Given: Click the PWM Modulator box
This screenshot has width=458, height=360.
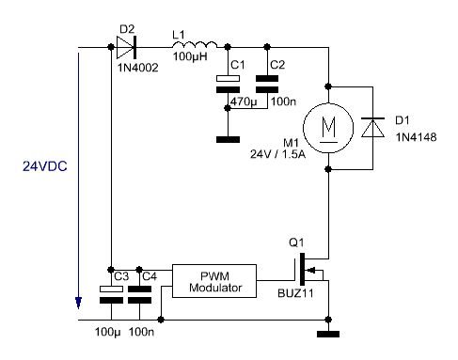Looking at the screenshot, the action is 214,281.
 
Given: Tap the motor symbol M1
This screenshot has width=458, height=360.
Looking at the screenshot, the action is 328,128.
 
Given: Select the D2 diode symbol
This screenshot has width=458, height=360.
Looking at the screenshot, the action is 126,47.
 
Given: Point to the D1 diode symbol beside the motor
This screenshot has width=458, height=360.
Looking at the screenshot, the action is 372,128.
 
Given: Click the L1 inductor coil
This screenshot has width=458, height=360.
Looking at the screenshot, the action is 195,44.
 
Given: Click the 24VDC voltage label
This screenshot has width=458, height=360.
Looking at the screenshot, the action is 45,166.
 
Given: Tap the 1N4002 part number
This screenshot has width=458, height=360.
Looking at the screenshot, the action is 138,68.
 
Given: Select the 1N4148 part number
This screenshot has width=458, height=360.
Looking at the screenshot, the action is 416,137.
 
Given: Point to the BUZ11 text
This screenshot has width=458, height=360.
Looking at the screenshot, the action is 295,293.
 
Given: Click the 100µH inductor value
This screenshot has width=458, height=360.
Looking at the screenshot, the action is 190,56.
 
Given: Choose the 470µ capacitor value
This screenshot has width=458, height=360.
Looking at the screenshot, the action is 244,102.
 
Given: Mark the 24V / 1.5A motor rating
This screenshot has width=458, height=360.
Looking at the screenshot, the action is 277,154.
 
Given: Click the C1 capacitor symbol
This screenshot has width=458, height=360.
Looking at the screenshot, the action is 228,84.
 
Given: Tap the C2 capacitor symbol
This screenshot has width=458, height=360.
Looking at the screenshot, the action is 267,84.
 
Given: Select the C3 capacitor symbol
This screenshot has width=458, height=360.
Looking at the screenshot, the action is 111,294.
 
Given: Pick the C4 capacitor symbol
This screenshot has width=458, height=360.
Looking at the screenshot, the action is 139,294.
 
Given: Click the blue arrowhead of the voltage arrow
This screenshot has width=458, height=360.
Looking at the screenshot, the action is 78,303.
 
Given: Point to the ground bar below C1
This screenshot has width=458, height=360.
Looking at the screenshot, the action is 228,139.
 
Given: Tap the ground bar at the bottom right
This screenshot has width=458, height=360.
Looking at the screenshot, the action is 328,334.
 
